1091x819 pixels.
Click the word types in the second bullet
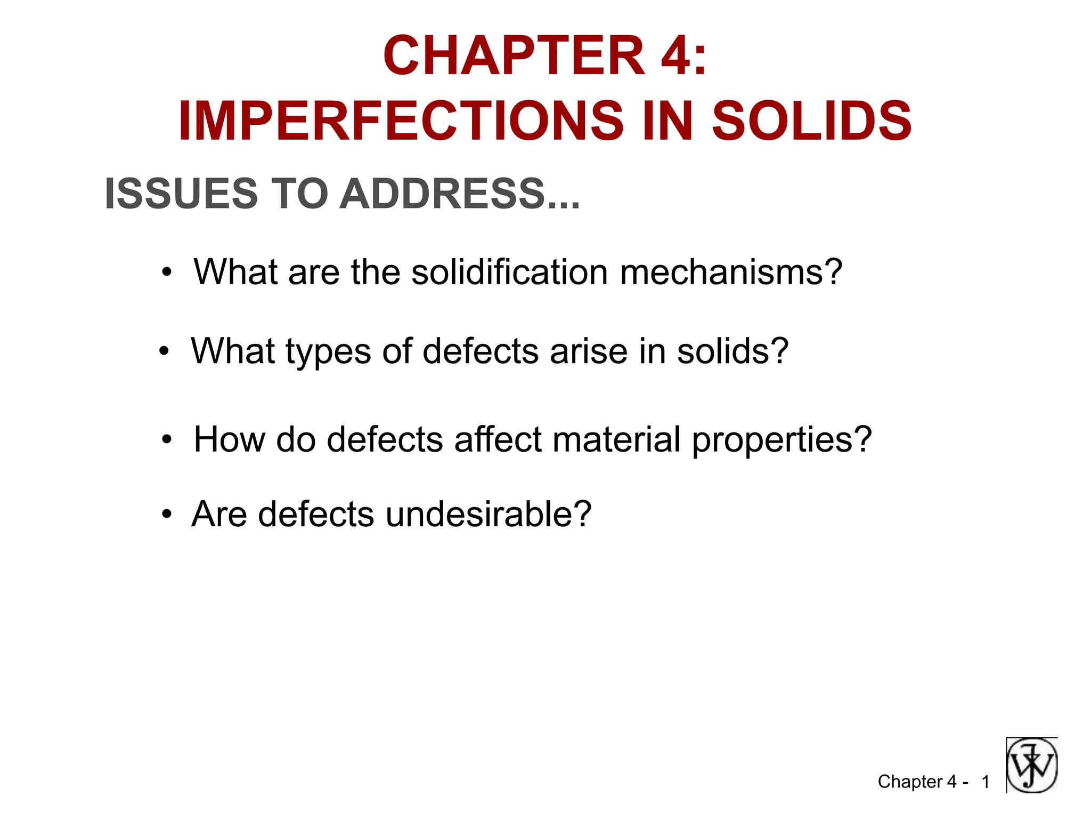328,352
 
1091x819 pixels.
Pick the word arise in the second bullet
588,352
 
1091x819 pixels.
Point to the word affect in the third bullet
498,440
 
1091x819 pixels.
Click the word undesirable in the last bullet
488,515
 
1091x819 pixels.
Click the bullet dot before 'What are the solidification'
167,272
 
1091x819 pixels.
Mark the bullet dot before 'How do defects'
167,440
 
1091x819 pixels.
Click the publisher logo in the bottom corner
1031,765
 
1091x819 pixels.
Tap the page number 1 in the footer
986,782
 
